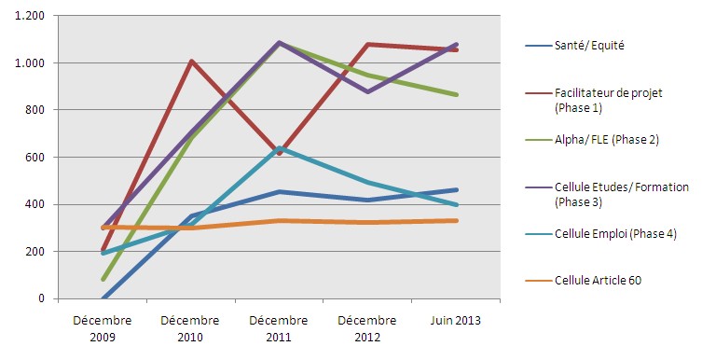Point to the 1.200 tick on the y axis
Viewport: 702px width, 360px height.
[30, 16]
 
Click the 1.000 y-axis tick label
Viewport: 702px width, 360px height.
[30, 63]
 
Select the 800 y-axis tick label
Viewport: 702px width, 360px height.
[34, 110]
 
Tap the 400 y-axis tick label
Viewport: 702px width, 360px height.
[34, 204]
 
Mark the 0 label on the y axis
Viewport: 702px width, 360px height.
[42, 298]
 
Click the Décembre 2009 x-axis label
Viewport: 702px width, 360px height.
[103, 326]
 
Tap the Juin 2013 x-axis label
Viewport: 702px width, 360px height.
[456, 320]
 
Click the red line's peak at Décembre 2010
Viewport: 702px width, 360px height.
[191, 62]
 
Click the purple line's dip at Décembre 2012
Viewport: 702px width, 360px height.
[368, 91]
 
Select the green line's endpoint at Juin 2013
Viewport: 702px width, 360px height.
[456, 95]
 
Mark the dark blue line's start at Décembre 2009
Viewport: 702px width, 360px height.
[103, 298]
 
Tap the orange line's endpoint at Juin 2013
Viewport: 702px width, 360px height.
[456, 220]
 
